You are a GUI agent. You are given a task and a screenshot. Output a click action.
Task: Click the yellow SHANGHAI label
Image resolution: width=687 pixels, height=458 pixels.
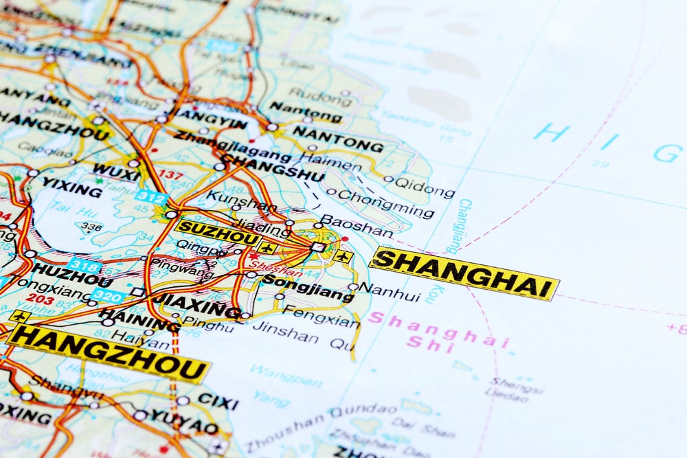[x=464, y=273]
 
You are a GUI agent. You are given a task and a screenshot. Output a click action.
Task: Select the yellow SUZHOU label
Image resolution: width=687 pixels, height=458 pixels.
[x=217, y=232]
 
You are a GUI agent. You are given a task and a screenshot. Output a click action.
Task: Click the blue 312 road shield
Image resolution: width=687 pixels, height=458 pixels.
[x=151, y=197]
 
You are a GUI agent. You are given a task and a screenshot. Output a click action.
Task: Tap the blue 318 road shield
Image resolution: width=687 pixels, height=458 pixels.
[x=84, y=266]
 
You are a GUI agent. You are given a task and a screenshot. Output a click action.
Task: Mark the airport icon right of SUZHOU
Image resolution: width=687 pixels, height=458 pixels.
[x=267, y=248]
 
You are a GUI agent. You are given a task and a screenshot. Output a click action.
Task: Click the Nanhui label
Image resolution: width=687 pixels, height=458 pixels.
[x=390, y=292]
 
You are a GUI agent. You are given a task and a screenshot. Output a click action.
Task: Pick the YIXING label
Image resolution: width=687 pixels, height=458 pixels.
[x=71, y=186]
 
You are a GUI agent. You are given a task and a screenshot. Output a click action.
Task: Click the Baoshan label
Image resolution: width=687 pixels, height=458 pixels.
[x=357, y=225]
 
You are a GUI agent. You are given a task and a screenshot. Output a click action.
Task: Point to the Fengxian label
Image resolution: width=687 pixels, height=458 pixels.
[x=322, y=317]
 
